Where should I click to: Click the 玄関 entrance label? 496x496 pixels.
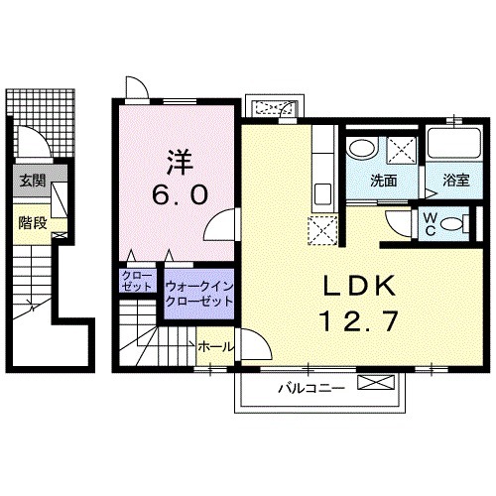click(33, 182)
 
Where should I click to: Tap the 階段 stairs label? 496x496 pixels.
click(33, 222)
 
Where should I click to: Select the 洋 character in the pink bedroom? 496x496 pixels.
click(180, 163)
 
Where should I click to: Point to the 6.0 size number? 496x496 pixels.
click(181, 194)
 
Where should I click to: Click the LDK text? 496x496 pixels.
click(359, 286)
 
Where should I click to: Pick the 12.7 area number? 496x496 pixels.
click(359, 321)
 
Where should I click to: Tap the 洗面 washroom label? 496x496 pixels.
click(383, 181)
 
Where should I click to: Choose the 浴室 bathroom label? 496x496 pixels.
click(456, 181)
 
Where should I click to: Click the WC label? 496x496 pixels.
click(430, 224)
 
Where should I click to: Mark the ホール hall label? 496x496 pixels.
click(216, 347)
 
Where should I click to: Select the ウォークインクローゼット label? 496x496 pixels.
click(199, 294)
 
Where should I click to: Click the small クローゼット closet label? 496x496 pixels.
click(137, 281)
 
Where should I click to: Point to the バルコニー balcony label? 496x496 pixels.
click(311, 388)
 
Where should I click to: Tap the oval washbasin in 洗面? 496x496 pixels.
click(363, 150)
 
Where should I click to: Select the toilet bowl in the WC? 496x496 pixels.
click(452, 224)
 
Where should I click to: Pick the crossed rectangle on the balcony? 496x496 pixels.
click(376, 383)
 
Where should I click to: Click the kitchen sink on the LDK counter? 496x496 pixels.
click(322, 194)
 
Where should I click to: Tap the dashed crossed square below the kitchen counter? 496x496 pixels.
click(322, 230)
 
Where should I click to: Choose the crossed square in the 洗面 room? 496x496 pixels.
click(402, 150)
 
